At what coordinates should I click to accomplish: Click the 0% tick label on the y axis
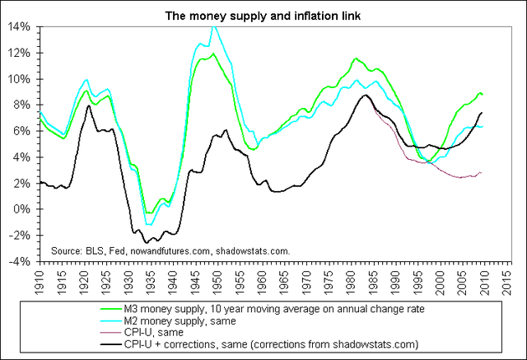coord(23,209)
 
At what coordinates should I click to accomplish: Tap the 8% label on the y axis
coord(23,105)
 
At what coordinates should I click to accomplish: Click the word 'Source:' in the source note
coord(66,250)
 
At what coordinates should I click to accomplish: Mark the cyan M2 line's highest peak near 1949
coord(214,26)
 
